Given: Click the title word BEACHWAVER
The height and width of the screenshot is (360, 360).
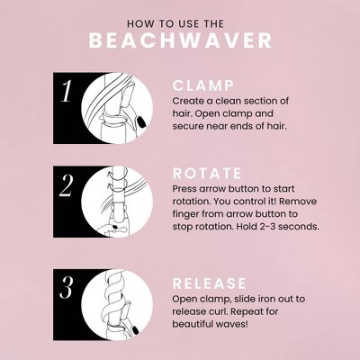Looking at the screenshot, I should pos(180,41).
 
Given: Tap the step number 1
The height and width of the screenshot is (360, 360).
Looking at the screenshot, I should pos(66,92).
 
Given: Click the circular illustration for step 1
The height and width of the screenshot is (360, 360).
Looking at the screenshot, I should pos(118,107).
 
